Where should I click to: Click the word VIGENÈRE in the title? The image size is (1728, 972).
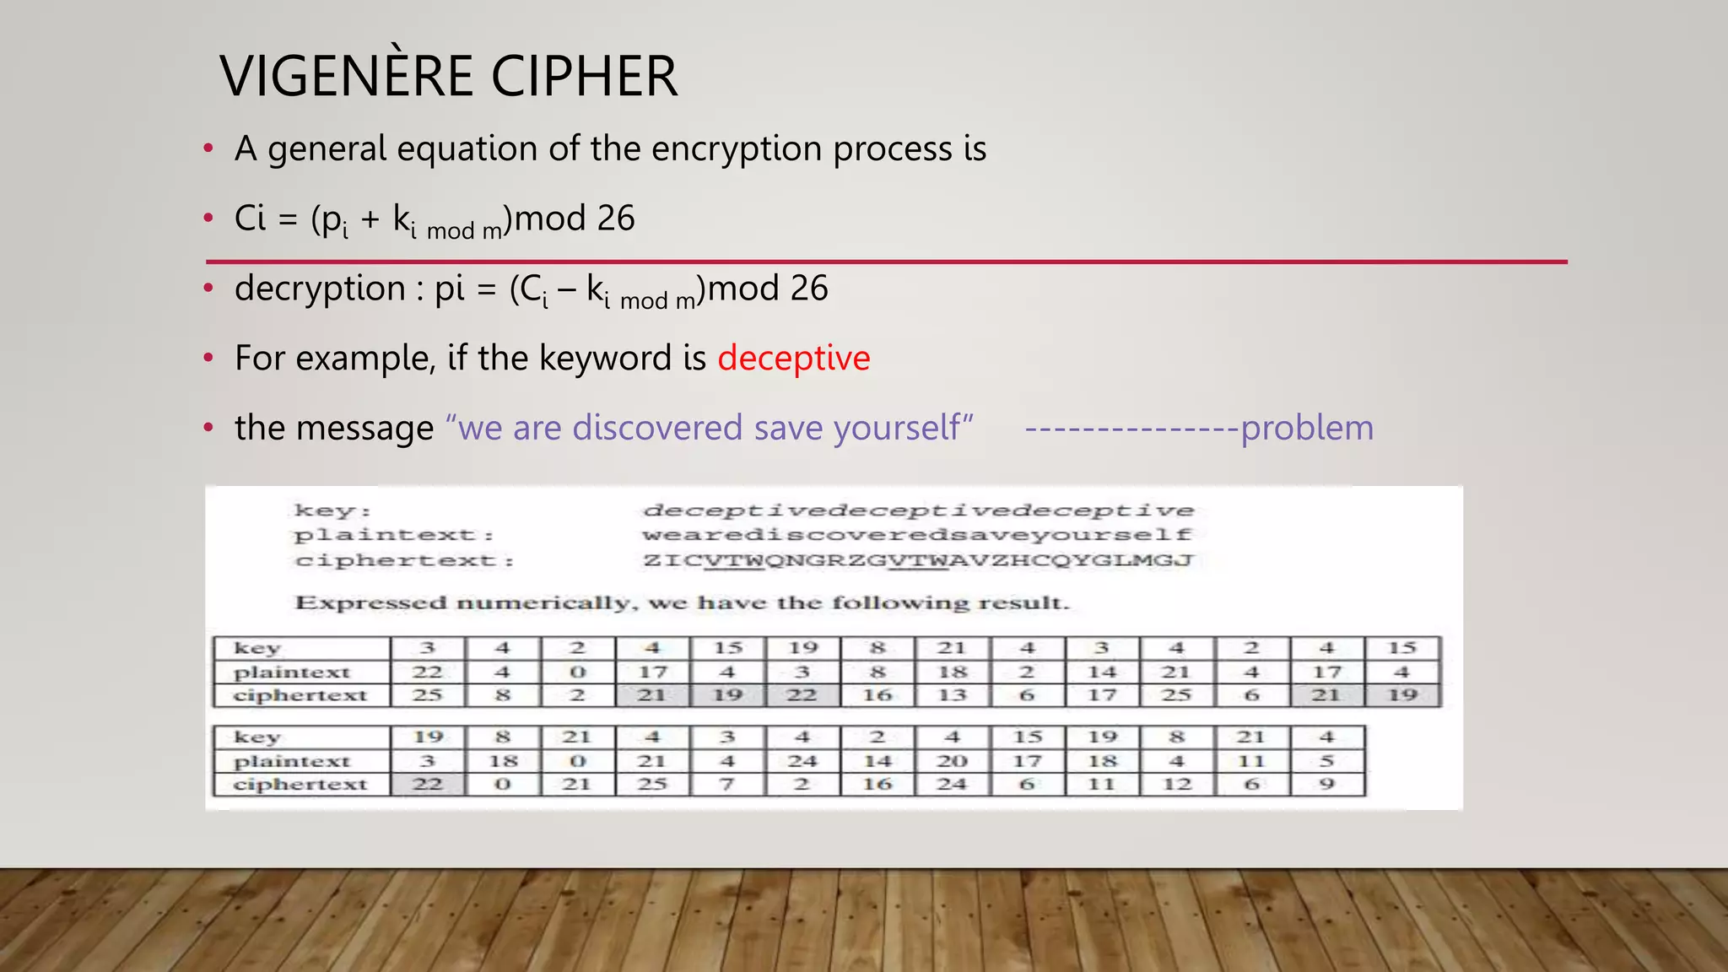[347, 76]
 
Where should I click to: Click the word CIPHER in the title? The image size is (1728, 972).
[584, 76]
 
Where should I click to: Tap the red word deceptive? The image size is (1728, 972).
[793, 358]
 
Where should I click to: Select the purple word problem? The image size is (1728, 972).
[1307, 428]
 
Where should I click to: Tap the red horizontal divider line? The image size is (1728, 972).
[886, 262]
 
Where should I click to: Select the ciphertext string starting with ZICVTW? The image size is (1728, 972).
[918, 560]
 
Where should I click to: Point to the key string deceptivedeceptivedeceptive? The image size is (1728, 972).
[918, 510]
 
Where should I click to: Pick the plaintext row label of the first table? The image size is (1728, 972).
[291, 672]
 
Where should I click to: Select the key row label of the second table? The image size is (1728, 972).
[256, 737]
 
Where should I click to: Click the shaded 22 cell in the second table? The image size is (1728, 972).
[428, 784]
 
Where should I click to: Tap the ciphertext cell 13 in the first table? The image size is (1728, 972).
[952, 695]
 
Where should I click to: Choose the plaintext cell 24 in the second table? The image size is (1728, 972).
[802, 761]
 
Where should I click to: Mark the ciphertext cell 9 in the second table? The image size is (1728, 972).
[1326, 784]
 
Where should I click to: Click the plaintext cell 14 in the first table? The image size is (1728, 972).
[1102, 672]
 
